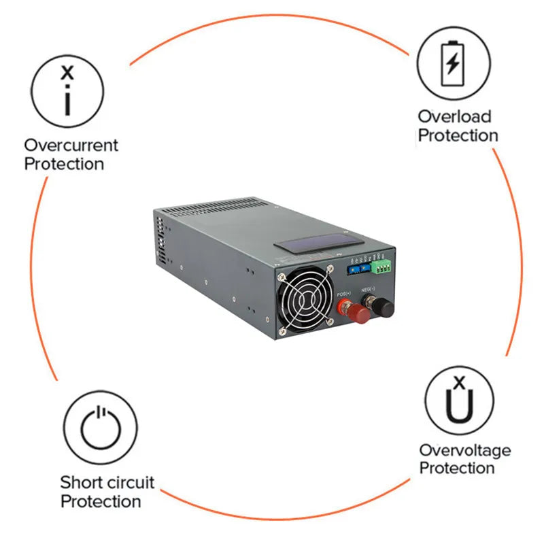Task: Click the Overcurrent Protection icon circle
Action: pos(68,91)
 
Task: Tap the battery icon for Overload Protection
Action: pos(453,63)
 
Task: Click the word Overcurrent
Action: pos(71,145)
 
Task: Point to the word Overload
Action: pos(454,116)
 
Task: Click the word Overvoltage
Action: pos(464,449)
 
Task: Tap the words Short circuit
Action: pos(107,483)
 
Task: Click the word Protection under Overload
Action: pos(458,135)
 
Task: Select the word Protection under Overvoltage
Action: pos(456,468)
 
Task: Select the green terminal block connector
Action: pos(382,265)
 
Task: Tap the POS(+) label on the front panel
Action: pos(345,293)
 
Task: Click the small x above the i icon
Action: pos(67,72)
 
